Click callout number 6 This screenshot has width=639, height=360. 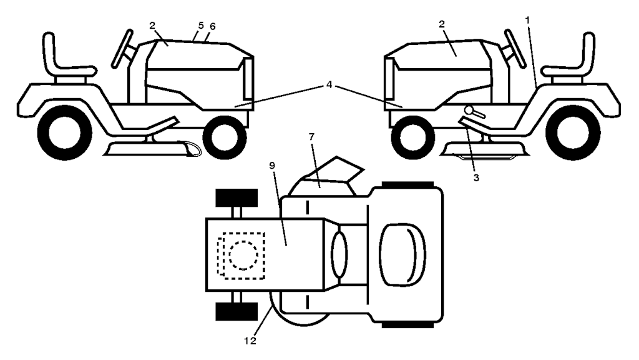[x=213, y=28]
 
